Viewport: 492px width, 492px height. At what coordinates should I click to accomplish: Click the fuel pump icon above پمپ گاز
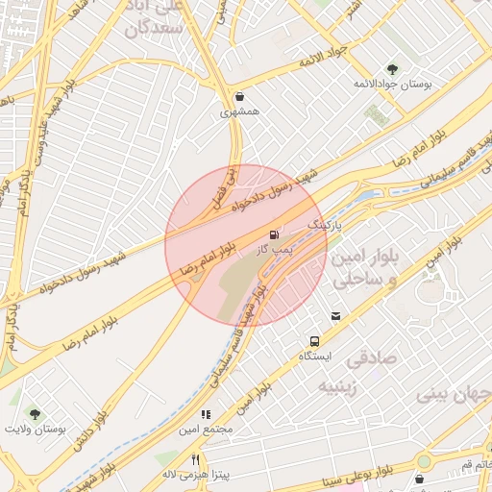(x=276, y=234)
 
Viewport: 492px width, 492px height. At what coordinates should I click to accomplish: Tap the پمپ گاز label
(x=274, y=249)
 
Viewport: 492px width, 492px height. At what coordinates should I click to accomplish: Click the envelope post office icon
(x=335, y=316)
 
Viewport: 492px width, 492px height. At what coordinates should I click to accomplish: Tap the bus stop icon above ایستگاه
(x=314, y=341)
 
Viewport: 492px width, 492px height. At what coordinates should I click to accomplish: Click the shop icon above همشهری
(x=239, y=96)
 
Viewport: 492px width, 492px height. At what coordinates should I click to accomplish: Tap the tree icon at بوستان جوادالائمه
(x=392, y=68)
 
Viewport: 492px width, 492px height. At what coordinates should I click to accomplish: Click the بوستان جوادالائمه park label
(x=392, y=84)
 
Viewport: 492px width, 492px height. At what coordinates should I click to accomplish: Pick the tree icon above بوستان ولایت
(x=35, y=414)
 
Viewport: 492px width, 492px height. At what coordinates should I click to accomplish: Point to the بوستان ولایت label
(x=35, y=430)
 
